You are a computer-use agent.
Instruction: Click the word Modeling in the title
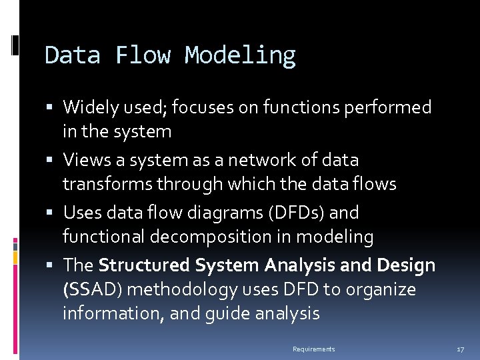240,56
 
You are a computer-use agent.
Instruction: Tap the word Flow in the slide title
142,55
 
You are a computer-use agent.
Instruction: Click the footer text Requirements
314,349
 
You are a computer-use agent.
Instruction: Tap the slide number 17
460,349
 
